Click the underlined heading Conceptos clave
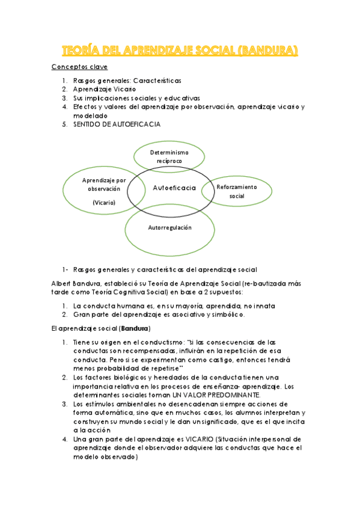(79, 67)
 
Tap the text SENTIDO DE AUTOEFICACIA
(117, 124)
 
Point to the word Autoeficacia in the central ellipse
(174, 188)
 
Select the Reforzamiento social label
(237, 191)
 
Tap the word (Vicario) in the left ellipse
(104, 203)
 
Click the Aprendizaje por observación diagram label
(104, 184)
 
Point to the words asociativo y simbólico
(217, 315)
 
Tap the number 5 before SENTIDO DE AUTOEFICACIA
(64, 124)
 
